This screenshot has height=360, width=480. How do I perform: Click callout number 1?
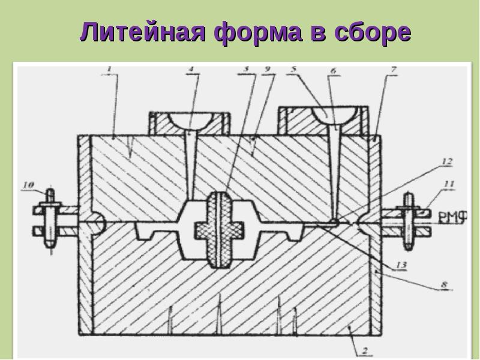point(109,69)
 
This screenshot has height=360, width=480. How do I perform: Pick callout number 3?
point(245,69)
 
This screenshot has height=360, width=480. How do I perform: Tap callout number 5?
point(293,69)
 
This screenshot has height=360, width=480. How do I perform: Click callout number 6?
point(332,70)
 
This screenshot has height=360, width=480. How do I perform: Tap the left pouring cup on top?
point(189,121)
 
